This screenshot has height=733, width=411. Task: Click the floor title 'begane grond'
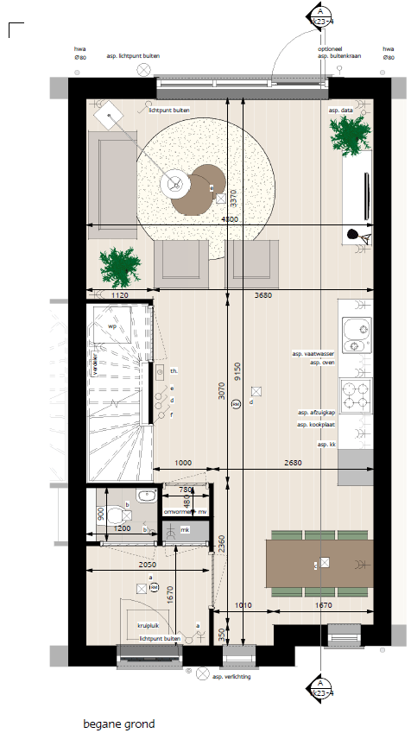click(119, 724)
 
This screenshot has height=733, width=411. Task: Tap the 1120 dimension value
click(120, 295)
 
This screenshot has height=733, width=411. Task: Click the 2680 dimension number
click(295, 464)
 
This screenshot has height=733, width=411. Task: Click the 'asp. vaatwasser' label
click(313, 354)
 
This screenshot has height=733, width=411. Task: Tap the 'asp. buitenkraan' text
click(338, 56)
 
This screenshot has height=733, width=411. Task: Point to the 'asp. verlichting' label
click(232, 678)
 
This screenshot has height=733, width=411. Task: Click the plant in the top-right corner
click(350, 135)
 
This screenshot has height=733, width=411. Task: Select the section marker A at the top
click(319, 15)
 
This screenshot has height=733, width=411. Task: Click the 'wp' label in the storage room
click(111, 326)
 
